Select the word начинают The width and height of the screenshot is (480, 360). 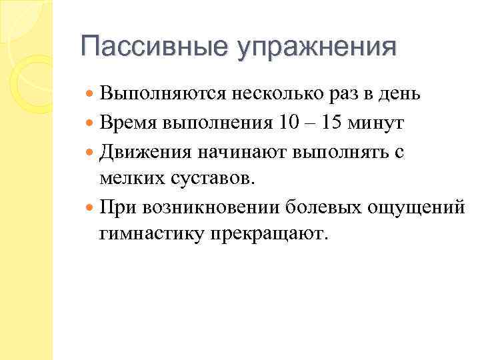pyautogui.click(x=234, y=151)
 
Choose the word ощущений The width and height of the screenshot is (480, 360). pyautogui.click(x=415, y=207)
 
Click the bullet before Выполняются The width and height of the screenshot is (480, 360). pyautogui.click(x=91, y=95)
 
